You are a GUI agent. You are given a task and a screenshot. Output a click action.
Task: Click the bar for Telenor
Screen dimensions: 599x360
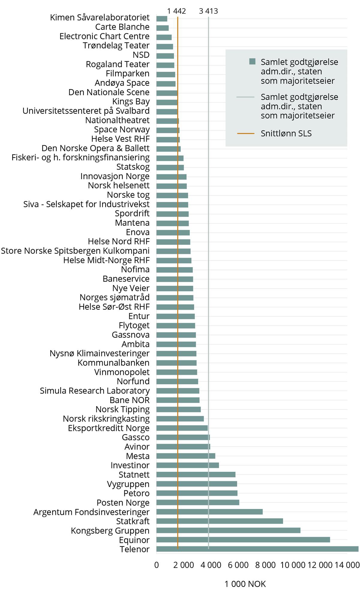[257, 549]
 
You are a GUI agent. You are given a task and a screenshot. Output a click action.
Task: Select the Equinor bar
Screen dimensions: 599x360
[243, 540]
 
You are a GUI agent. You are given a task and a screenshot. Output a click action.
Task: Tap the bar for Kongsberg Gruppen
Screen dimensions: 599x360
[228, 530]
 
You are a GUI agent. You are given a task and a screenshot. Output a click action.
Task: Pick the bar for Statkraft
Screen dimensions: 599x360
[219, 521]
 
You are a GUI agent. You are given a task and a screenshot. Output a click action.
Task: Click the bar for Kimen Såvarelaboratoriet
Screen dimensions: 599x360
[162, 19]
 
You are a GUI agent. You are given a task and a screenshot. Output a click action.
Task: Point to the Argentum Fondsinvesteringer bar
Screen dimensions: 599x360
[209, 512]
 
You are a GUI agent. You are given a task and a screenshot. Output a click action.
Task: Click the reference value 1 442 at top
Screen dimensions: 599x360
[176, 11]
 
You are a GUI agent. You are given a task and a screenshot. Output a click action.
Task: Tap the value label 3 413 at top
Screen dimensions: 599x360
[208, 11]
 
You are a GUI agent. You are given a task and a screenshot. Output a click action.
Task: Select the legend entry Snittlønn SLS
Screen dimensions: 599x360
[286, 134]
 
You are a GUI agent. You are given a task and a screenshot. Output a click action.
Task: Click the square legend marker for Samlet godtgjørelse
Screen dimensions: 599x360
[252, 62]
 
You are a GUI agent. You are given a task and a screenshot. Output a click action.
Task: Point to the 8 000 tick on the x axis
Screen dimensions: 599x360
[265, 565]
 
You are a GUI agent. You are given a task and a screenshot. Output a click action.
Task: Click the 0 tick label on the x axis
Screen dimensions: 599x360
[157, 565]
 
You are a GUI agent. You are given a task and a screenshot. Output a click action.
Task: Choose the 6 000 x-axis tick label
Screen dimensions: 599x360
[238, 565]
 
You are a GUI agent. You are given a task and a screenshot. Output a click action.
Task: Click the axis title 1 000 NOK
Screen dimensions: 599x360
[245, 584]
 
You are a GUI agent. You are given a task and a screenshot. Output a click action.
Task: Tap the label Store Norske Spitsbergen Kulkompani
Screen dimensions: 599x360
[75, 251]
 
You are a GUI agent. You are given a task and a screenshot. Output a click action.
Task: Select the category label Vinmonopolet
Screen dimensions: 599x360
[122, 372]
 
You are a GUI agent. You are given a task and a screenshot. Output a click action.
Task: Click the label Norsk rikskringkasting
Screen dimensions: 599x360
[106, 419]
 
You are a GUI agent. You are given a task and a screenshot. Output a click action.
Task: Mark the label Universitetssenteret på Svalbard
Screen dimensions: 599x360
[86, 111]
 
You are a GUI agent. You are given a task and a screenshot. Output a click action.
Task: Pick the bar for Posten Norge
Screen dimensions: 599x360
[198, 502]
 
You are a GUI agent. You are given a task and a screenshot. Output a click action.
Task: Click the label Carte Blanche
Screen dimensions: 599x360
[122, 27]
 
